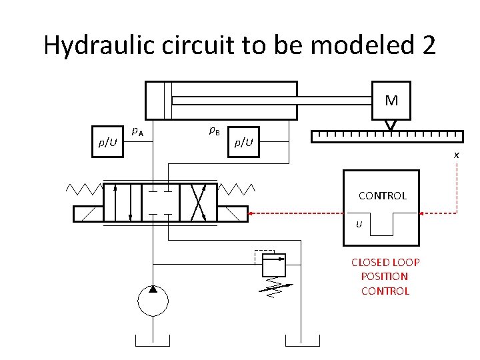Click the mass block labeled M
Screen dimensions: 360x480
(391, 101)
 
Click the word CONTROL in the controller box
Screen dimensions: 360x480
(382, 196)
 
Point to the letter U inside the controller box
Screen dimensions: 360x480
(359, 224)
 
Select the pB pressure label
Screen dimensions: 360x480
(215, 131)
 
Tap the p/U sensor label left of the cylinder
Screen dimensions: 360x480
(107, 142)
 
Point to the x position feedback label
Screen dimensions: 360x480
(456, 155)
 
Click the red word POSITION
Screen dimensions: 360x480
(385, 276)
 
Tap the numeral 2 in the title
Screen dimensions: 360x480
(429, 45)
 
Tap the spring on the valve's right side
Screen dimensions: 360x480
(237, 188)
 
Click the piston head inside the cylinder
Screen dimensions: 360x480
(167, 100)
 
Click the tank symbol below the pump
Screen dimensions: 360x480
(153, 342)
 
